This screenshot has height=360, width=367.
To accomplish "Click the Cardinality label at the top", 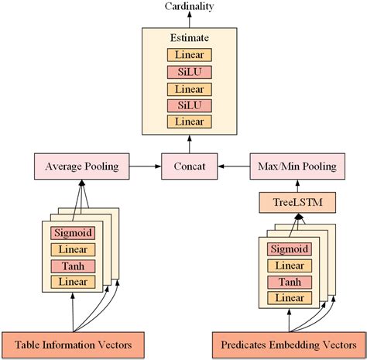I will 189,7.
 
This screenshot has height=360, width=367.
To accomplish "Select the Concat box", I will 190,166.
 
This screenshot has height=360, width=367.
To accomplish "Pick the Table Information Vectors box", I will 75,341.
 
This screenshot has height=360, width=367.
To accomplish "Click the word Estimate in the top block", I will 189,37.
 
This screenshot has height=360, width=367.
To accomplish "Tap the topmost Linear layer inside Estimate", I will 189,55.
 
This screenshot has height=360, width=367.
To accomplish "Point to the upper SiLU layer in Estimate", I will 189,72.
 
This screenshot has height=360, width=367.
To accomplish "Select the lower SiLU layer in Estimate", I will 189,105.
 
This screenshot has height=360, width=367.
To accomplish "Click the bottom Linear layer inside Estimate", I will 189,122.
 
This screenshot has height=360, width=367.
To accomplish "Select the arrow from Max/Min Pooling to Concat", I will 233,166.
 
